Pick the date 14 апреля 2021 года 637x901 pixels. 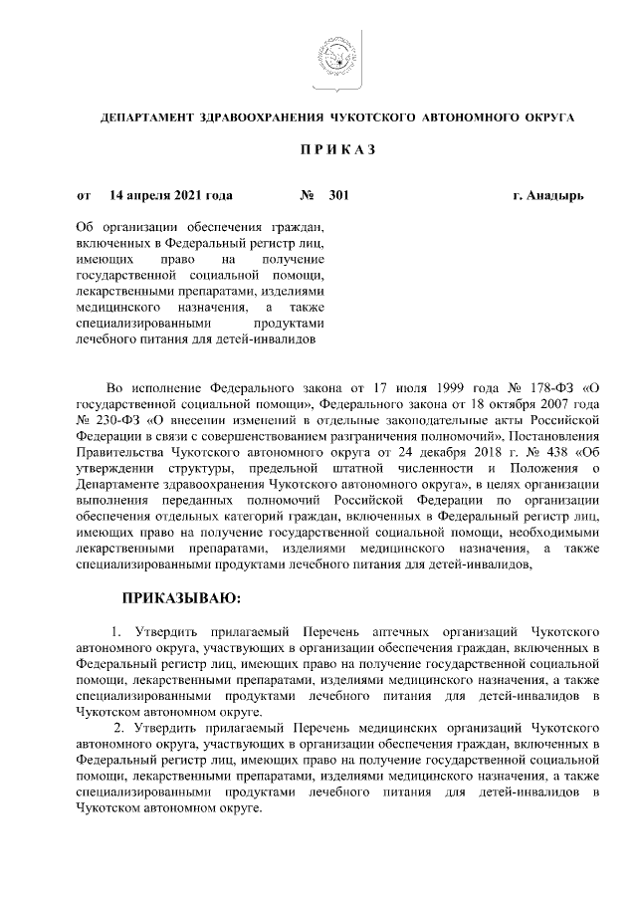(x=171, y=196)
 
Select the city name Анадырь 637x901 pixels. (x=555, y=196)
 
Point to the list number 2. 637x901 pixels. (x=120, y=728)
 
